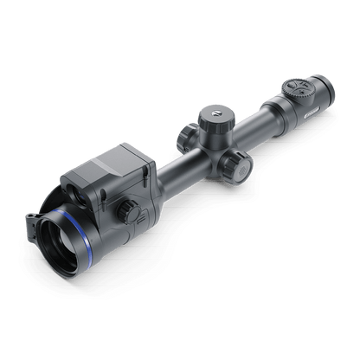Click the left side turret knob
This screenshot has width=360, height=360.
click(x=186, y=136)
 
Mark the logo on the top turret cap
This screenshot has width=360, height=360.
click(x=211, y=112)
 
